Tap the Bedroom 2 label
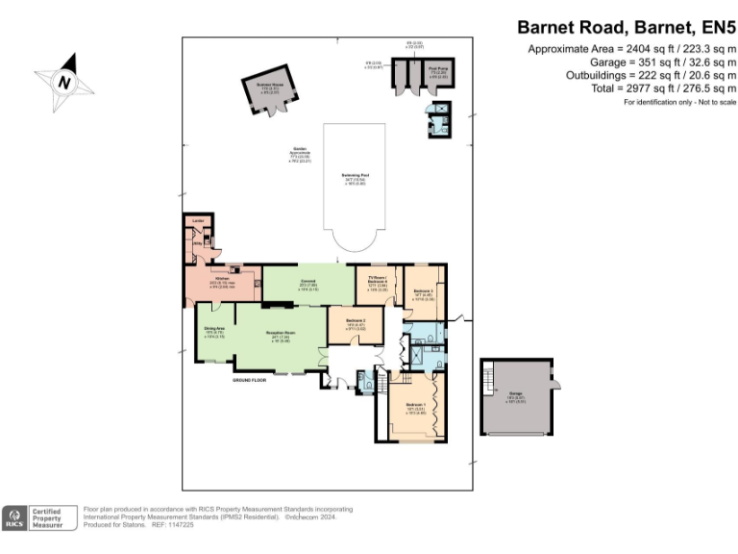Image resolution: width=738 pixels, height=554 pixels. click(x=355, y=324)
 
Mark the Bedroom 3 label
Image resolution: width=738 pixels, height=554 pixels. click(x=424, y=291)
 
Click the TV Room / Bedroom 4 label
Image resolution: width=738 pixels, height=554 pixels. click(x=376, y=279)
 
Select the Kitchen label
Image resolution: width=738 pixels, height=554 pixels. click(x=220, y=280)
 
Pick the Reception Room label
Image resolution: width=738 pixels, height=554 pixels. click(x=280, y=335)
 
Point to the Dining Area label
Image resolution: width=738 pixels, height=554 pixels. click(x=213, y=332)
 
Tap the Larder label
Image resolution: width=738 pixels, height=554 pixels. click(x=198, y=222)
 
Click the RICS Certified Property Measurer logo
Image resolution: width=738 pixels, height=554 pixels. click(x=38, y=517)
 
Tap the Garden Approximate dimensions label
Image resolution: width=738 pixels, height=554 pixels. click(x=300, y=155)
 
